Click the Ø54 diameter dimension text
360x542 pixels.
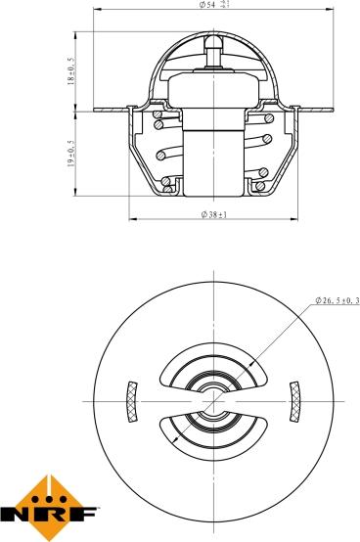pos(207,6)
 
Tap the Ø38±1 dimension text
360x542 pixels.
pos(213,213)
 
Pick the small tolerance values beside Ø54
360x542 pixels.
pos(226,5)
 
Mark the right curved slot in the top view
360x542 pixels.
pos(293,400)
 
